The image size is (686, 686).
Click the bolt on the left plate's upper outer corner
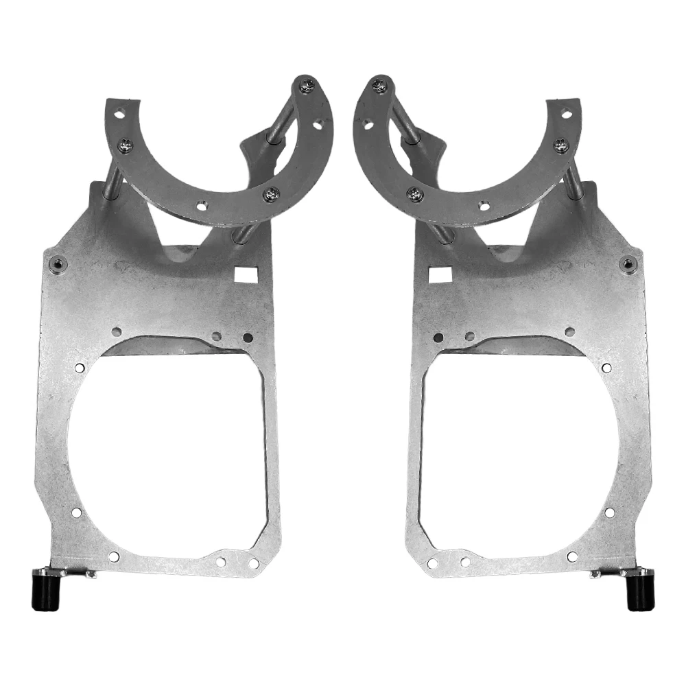pos(58,263)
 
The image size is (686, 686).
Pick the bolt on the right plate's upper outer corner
pos(627,263)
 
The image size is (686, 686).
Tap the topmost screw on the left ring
pos(308,86)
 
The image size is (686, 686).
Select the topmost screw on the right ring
pos(378,86)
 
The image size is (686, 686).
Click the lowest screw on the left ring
pos(272,194)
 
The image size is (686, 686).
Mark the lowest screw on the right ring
pos(414,194)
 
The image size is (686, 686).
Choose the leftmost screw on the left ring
pos(126,145)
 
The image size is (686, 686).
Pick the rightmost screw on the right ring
pos(560,145)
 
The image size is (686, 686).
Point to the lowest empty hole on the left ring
pos(201,204)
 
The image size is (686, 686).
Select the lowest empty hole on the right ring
pos(484,204)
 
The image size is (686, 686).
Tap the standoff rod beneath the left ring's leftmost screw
pos(114,180)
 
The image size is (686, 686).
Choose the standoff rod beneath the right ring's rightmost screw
pos(573,180)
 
